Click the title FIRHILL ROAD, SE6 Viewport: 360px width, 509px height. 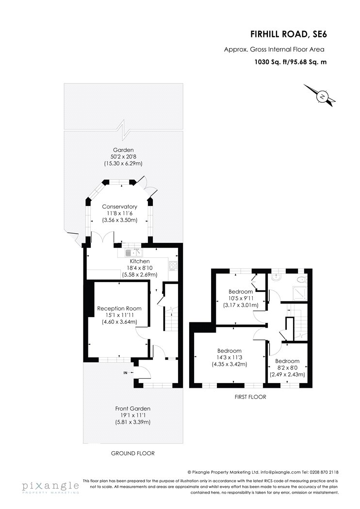(288, 34)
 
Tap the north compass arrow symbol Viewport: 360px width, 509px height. (319, 95)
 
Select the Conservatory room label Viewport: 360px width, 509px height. (119, 207)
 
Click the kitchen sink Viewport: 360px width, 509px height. (134, 253)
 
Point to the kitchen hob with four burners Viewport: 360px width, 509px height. (173, 266)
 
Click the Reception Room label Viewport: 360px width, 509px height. (119, 308)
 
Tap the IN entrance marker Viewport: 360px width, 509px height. (125, 373)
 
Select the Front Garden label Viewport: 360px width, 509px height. (132, 409)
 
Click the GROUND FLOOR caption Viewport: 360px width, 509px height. (132, 453)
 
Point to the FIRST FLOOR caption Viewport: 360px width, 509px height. (250, 397)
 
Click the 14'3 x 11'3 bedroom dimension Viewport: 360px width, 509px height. (229, 357)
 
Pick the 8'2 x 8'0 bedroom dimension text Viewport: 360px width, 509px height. (287, 368)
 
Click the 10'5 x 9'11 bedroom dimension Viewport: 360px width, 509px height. (241, 298)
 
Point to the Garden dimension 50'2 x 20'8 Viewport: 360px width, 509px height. (123, 157)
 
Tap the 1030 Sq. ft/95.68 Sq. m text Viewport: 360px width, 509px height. (291, 62)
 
